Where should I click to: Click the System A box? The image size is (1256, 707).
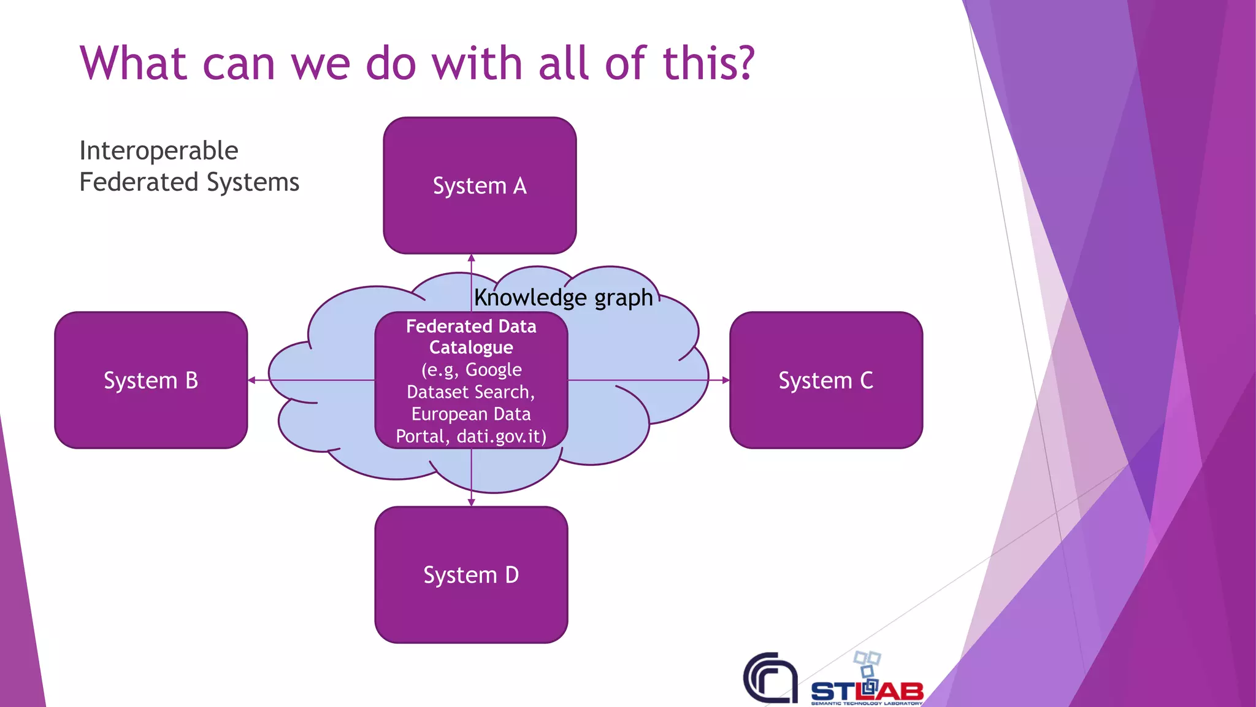pos(480,185)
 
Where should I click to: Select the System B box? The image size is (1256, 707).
pos(151,381)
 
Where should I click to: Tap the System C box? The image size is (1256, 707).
pos(826,381)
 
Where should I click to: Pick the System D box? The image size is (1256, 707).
pos(471,575)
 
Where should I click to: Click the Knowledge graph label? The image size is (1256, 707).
pos(563,298)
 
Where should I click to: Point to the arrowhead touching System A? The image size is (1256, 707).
pos(471,258)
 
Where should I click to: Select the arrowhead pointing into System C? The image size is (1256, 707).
pos(726,381)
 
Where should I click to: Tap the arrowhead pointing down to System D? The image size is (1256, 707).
pos(471,502)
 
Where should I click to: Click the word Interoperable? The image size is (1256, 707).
pos(158,151)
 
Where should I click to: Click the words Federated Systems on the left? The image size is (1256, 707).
pos(189,182)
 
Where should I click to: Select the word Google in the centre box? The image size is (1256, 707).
pos(493,369)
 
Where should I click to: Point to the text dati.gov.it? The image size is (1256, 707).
pos(501,436)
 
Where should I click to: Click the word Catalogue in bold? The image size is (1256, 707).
pos(471,347)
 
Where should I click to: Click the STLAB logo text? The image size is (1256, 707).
pos(867,692)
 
